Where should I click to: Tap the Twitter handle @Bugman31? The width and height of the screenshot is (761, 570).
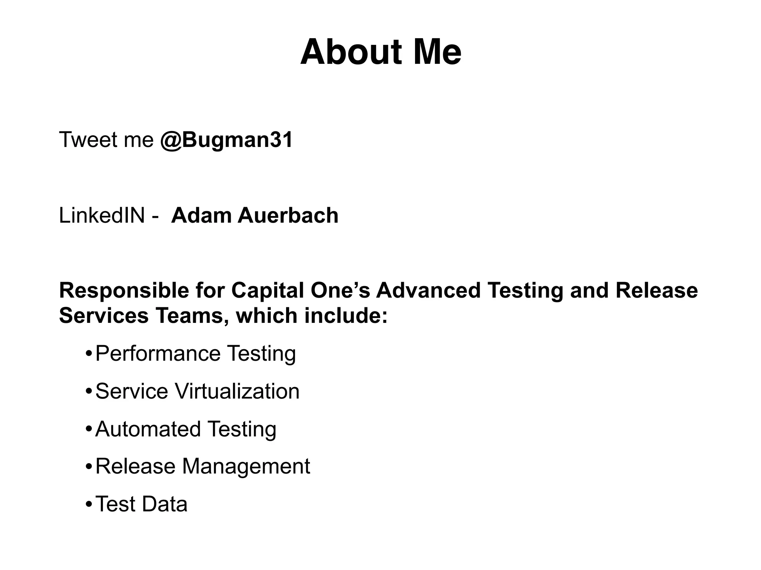point(226,140)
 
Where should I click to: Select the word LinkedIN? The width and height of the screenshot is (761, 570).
point(101,216)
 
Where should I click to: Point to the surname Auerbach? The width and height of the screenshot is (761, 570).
point(288,216)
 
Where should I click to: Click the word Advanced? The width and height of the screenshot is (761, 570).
point(428,290)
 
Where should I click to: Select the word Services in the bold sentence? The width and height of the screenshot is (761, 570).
point(104,316)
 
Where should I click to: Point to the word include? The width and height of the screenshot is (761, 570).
point(346,316)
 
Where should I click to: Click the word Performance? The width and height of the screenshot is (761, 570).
point(158,354)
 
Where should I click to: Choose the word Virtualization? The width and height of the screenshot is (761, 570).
point(237,392)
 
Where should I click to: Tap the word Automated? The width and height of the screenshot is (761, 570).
point(148,429)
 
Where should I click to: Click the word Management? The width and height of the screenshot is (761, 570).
point(246,466)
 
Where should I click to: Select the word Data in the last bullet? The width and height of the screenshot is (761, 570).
point(164,504)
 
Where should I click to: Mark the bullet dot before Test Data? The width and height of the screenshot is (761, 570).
point(88,505)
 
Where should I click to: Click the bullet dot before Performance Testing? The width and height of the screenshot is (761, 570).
point(88,354)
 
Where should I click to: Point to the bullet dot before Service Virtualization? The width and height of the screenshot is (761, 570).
point(88,392)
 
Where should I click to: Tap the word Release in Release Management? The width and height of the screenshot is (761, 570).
point(135,466)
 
